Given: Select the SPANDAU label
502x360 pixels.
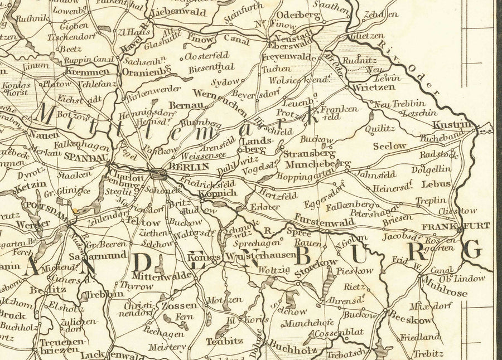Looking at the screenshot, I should click(x=85, y=158).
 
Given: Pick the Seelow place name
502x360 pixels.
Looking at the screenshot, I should click(x=389, y=145).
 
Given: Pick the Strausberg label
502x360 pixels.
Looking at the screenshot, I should click(x=308, y=153).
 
